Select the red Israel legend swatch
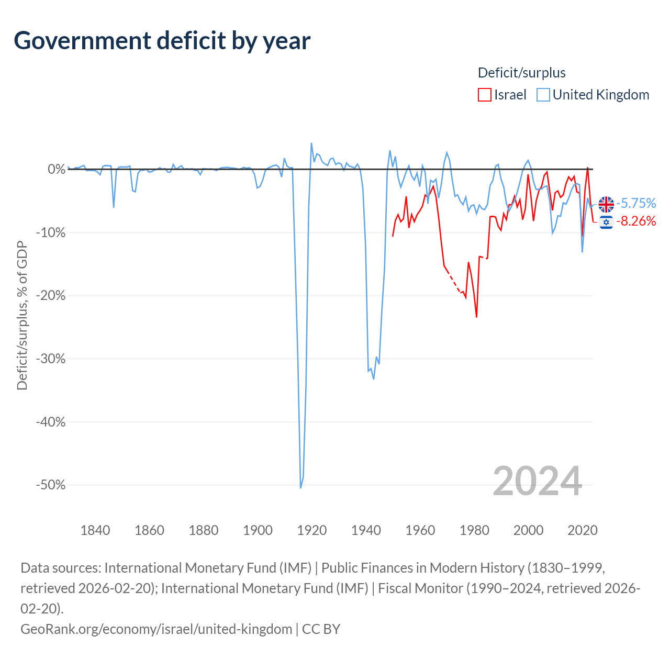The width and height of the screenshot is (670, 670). click(484, 95)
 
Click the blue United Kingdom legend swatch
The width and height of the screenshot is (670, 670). click(543, 95)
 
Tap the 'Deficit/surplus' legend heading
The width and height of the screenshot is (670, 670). click(521, 73)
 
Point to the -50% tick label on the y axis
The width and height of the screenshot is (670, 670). click(51, 485)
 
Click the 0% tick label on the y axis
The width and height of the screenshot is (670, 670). click(57, 169)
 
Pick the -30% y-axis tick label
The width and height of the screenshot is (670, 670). click(51, 359)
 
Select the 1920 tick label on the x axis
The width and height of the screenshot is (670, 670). click(312, 530)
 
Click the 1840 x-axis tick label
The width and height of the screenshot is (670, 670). click(95, 530)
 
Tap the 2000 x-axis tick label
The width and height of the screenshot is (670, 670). click(529, 530)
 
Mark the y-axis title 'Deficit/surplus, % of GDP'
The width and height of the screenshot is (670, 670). click(23, 315)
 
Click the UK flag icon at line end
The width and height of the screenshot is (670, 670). click(606, 204)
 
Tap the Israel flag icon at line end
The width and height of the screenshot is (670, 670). click(606, 222)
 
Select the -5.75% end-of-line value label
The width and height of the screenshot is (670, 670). click(636, 204)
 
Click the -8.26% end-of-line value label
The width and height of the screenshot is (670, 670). click(636, 221)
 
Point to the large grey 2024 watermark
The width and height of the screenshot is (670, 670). click(538, 481)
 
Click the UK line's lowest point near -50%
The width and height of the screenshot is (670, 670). click(301, 487)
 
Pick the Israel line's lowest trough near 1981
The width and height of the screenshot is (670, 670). click(476, 317)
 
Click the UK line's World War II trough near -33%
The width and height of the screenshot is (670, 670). click(373, 378)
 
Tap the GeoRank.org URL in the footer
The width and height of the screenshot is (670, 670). click(156, 629)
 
